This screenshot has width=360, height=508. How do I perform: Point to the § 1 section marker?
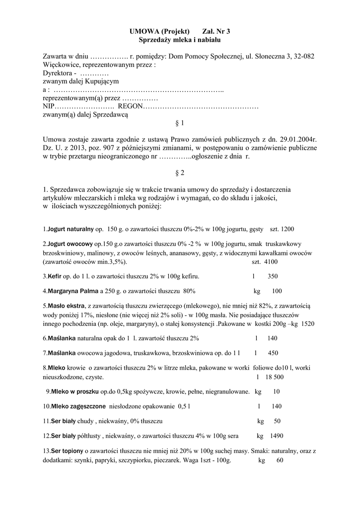pos(180,122)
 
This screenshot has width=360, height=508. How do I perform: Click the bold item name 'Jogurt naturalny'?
pos(71,229)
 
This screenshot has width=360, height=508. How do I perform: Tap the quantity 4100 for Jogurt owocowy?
pos(271,261)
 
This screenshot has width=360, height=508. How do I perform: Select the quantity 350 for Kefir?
pos(272,276)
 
